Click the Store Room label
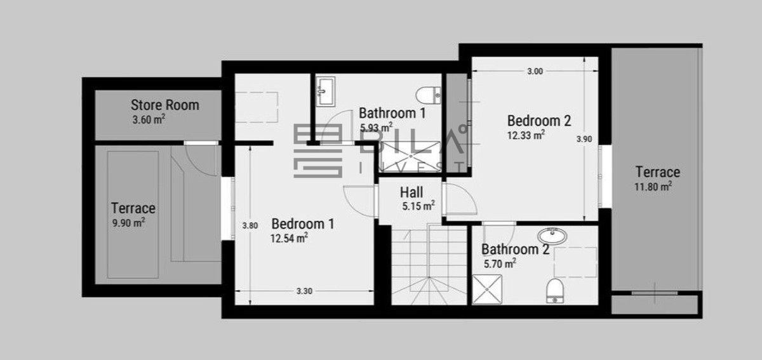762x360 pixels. [x=165, y=105]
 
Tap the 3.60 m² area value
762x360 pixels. [x=149, y=119]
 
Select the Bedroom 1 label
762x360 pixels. [x=303, y=224]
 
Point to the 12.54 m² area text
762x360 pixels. [x=289, y=238]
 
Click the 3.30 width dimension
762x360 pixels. [x=304, y=291]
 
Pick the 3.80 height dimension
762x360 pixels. [x=250, y=225]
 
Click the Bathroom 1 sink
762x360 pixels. [x=326, y=91]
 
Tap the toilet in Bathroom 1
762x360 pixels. [x=429, y=95]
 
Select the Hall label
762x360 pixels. [x=411, y=192]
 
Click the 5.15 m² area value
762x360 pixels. [x=418, y=206]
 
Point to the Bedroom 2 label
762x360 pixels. [x=539, y=121]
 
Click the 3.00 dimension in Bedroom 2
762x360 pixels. [x=535, y=71]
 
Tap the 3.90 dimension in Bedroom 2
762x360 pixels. [x=584, y=139]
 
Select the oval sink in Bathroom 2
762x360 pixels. [x=552, y=236]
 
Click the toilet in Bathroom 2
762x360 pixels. [x=555, y=291]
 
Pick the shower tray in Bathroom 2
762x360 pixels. [x=487, y=290]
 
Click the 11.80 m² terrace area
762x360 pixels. [x=653, y=187]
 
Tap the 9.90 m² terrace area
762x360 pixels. [x=129, y=223]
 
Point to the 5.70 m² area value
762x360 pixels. [x=500, y=263]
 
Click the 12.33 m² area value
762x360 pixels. [x=526, y=135]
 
